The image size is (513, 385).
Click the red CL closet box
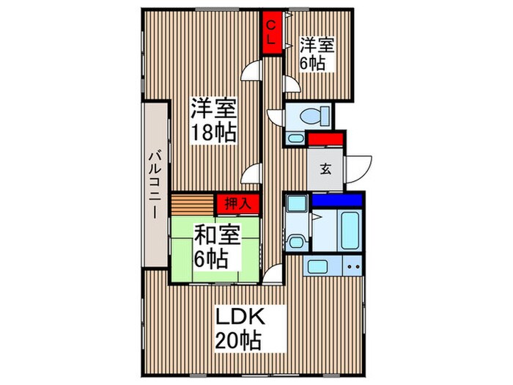271,33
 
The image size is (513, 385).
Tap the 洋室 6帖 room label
317,54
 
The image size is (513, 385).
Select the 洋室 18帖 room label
213,120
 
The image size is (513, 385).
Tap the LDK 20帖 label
239,327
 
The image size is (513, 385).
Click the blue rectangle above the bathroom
336,199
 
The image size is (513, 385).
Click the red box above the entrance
325,139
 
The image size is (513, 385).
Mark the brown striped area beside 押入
193,203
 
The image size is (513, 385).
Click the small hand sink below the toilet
295,137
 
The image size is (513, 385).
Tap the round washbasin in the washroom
297,241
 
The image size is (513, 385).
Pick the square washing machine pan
296,204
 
